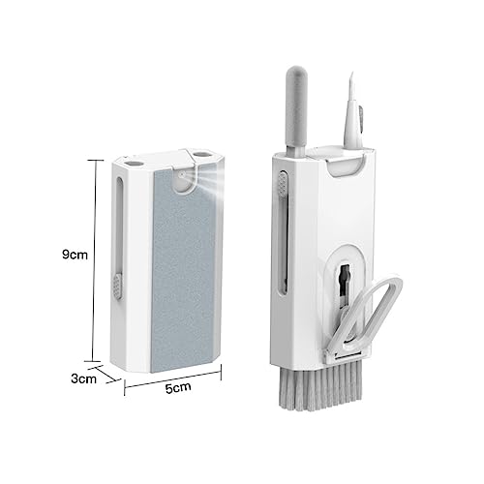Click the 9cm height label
point(75,255)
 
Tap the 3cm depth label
point(83,378)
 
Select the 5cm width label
point(178,387)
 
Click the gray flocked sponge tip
point(297,106)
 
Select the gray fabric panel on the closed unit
point(184,269)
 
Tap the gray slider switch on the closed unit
point(117,286)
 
